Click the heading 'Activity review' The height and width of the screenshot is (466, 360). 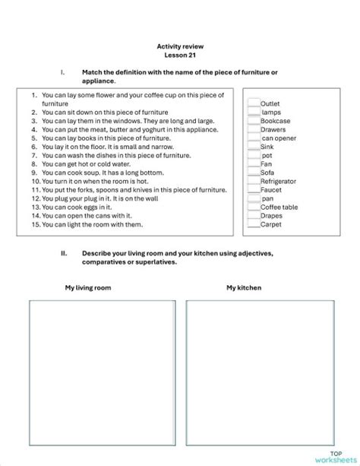click(179, 46)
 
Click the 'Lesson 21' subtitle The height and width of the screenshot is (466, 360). click(179, 55)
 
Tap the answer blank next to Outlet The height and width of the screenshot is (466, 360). click(253, 103)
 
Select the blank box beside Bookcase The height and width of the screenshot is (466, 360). click(253, 120)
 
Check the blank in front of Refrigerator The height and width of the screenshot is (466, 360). click(253, 181)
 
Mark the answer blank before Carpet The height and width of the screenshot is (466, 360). click(253, 224)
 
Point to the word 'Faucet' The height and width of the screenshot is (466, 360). click(271, 190)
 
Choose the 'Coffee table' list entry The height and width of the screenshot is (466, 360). click(279, 208)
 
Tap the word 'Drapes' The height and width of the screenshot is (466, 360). click(271, 216)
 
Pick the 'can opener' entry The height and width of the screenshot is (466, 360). click(278, 138)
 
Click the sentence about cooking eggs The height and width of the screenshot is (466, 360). click(77, 207)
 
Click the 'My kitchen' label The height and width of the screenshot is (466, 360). click(243, 288)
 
